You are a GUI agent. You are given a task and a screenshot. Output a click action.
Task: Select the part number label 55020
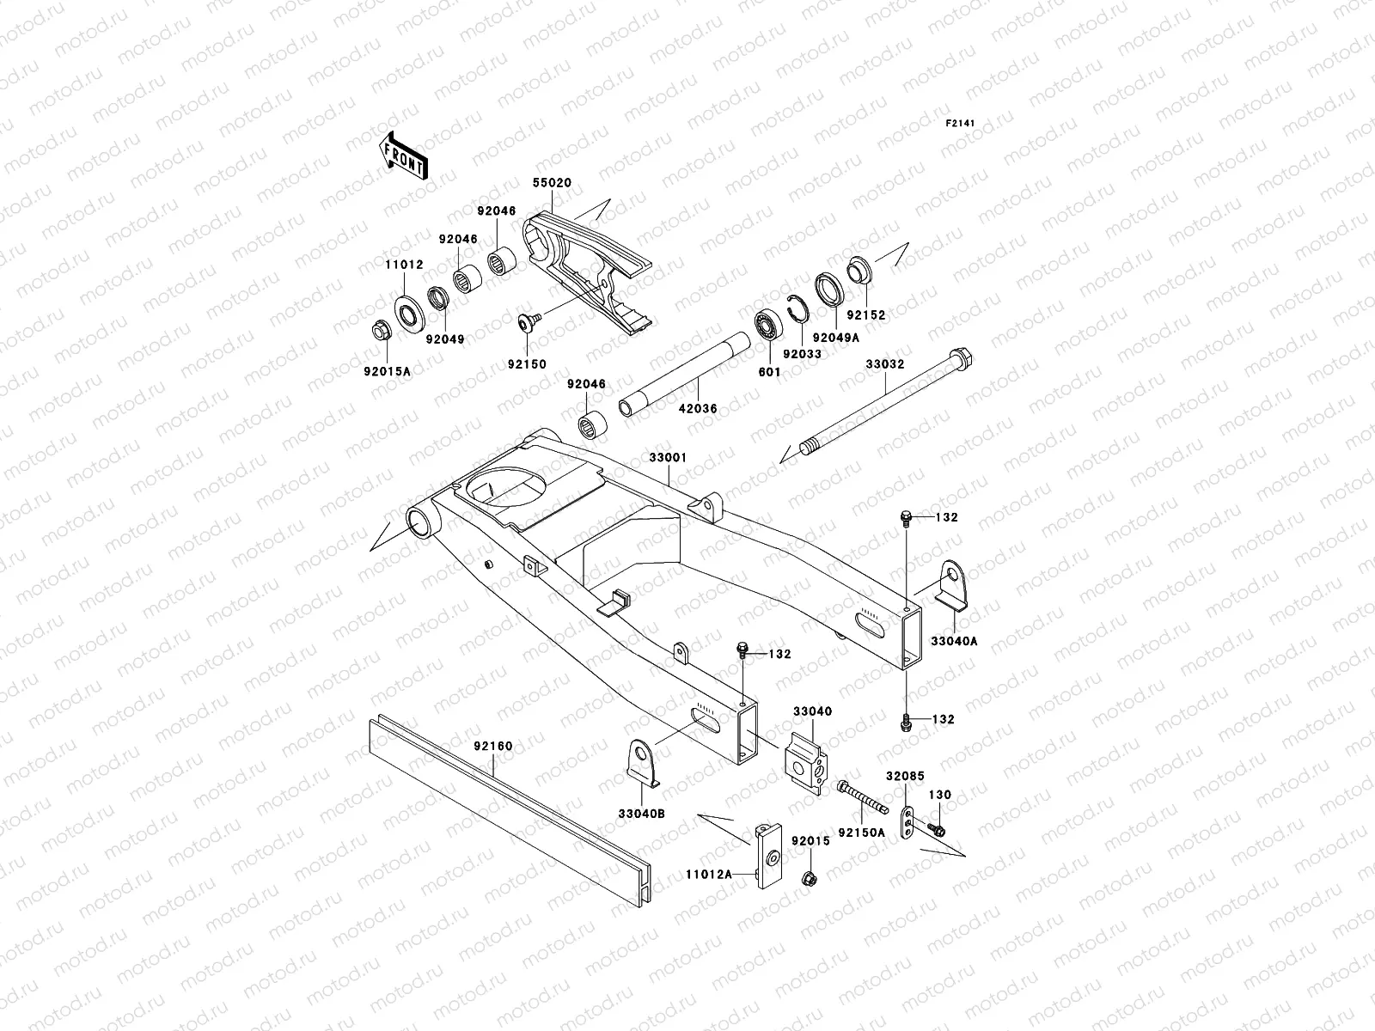(551, 184)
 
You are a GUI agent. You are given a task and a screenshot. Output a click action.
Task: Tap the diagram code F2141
(962, 124)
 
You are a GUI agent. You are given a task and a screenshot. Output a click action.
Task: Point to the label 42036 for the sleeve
(698, 410)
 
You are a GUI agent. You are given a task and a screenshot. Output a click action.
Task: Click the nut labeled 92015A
(378, 330)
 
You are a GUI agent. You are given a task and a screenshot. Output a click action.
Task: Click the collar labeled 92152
(860, 269)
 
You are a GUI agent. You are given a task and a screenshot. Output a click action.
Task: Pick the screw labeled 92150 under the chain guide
(527, 322)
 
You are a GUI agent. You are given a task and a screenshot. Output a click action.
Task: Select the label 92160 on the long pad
(492, 746)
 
